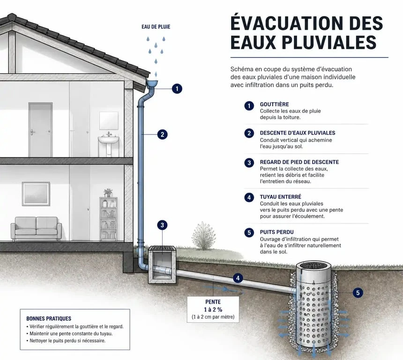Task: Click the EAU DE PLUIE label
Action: pyautogui.click(x=156, y=27)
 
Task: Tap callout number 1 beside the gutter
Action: pyautogui.click(x=177, y=89)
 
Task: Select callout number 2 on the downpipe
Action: pyautogui.click(x=162, y=134)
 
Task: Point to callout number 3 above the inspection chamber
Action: pyautogui.click(x=162, y=225)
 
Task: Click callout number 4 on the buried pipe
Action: pyautogui.click(x=238, y=278)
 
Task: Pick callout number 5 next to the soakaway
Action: pyautogui.click(x=358, y=292)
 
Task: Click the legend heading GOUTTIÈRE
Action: pyautogui.click(x=274, y=105)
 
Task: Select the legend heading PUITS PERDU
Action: pyautogui.click(x=276, y=232)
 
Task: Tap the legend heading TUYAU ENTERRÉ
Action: pyautogui.click(x=280, y=197)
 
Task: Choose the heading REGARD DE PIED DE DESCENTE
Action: pyautogui.click(x=299, y=162)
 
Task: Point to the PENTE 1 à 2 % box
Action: pyautogui.click(x=213, y=309)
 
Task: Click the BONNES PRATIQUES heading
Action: pyautogui.click(x=49, y=319)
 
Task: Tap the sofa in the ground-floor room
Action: pyautogui.click(x=36, y=229)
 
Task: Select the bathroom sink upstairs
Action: pyautogui.click(x=108, y=144)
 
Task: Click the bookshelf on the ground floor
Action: pyautogui.click(x=108, y=219)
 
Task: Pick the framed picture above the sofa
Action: pyautogui.click(x=36, y=194)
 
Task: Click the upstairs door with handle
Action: pyautogui.click(x=40, y=130)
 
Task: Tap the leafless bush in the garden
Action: pyautogui.click(x=204, y=236)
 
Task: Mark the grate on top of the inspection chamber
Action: pyautogui.click(x=162, y=248)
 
